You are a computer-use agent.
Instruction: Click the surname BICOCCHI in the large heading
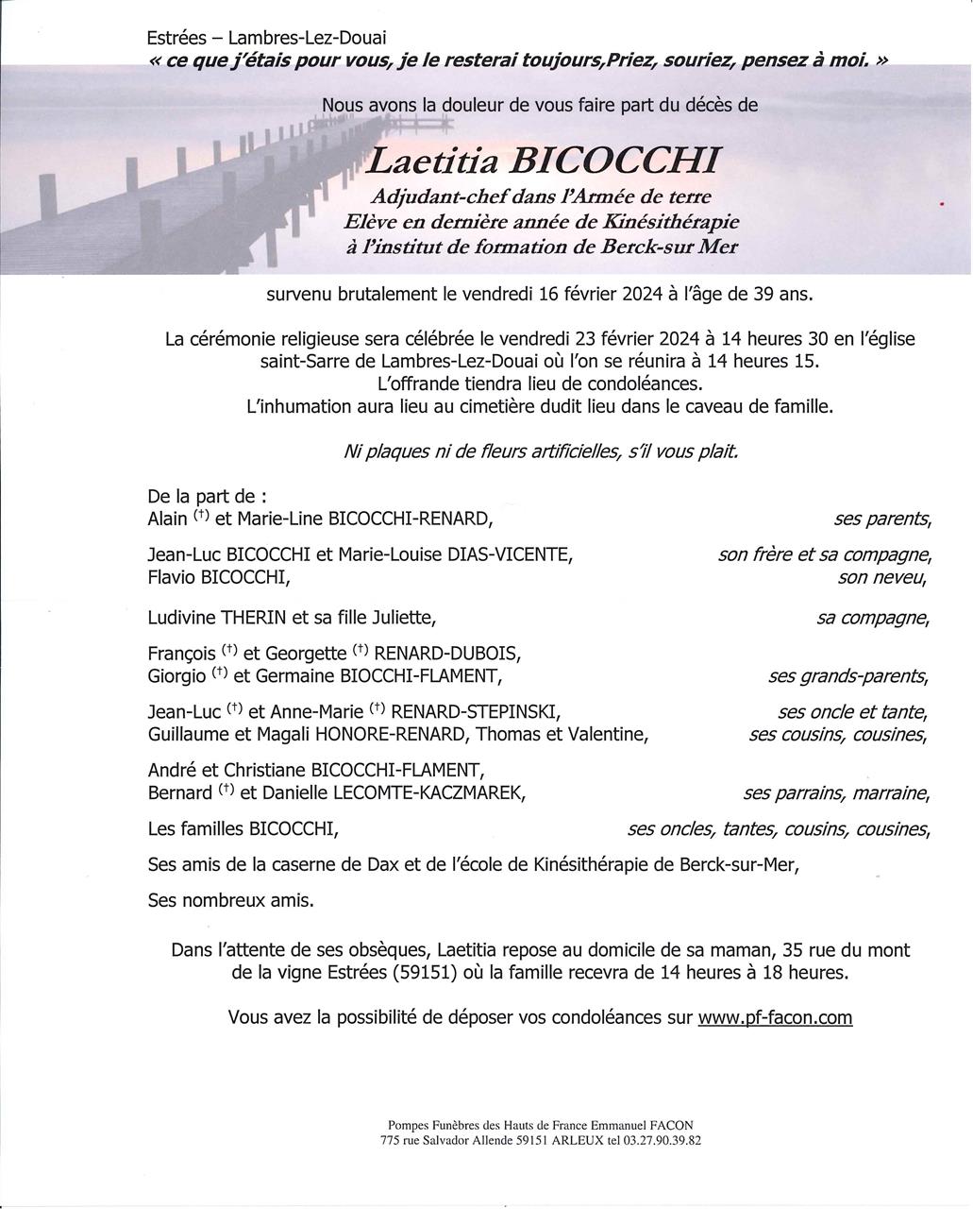tap(613, 162)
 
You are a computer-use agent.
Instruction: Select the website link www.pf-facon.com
tap(775, 1017)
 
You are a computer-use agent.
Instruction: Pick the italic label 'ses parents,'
tap(882, 519)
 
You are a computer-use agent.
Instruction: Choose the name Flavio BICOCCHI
tap(219, 577)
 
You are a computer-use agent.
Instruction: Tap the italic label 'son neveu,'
tap(882, 577)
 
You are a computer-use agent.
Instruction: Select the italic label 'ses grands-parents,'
tap(848, 676)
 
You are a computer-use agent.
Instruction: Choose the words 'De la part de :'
tap(207, 496)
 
